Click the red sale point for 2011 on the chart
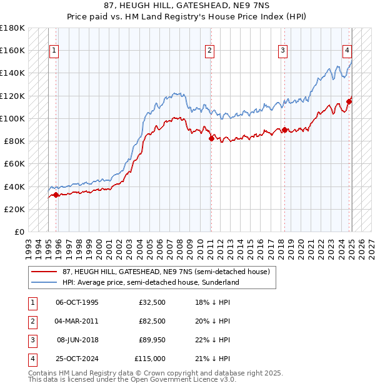click(x=211, y=138)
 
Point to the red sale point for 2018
click(x=284, y=130)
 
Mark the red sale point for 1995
click(x=56, y=195)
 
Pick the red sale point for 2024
click(x=349, y=101)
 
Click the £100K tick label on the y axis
click(x=12, y=118)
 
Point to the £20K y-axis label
click(x=14, y=209)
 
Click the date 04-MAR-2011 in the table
click(x=77, y=320)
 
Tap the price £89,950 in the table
click(x=150, y=340)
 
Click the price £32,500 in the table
click(x=150, y=302)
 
